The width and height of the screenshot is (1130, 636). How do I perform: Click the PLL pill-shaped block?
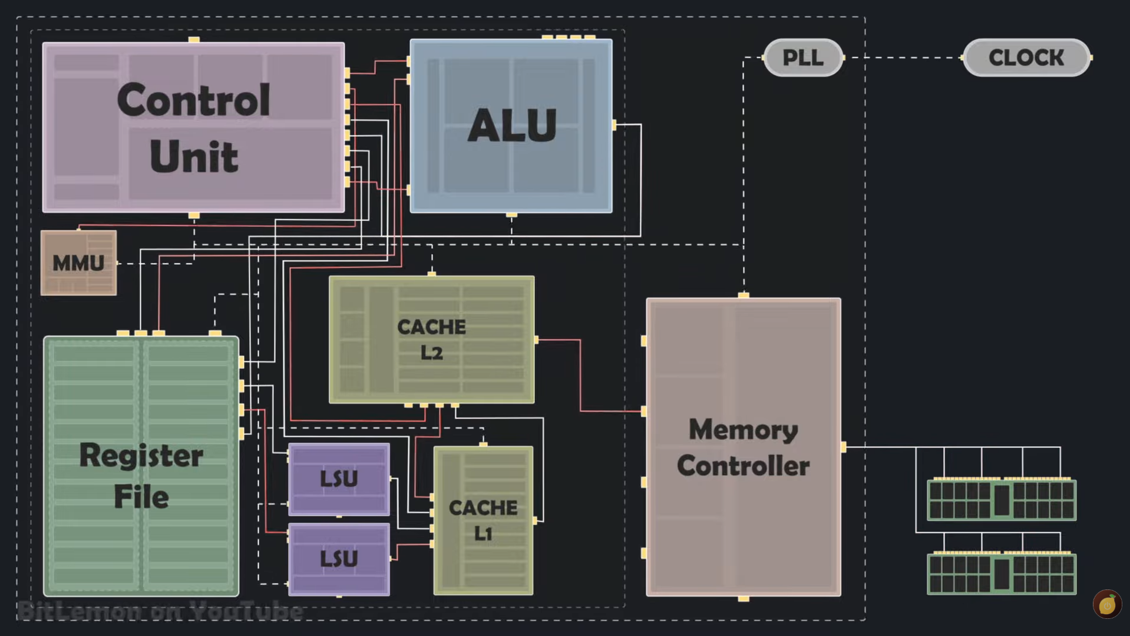(x=803, y=58)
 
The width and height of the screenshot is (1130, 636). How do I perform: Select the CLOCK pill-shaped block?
(x=1026, y=58)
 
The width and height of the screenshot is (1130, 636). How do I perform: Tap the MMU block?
(x=78, y=263)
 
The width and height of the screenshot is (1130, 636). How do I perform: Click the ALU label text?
(x=512, y=125)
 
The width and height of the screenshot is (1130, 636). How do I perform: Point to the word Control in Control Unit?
(x=194, y=100)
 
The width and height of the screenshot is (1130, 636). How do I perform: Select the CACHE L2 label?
(x=431, y=340)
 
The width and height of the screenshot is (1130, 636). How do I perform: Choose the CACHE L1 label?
(x=483, y=520)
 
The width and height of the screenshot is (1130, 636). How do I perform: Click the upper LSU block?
(x=339, y=479)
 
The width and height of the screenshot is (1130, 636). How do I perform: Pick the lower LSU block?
(x=339, y=559)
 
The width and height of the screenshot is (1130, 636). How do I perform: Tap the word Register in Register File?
(x=141, y=456)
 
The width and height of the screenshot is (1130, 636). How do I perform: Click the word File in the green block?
(x=141, y=496)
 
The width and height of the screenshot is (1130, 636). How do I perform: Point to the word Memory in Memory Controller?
(x=744, y=430)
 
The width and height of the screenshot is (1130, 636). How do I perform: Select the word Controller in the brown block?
(x=744, y=466)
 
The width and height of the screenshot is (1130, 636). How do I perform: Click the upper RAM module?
(x=1002, y=499)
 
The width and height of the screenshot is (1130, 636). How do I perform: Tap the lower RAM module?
(x=1002, y=573)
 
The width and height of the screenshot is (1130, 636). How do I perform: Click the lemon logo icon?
(x=1107, y=604)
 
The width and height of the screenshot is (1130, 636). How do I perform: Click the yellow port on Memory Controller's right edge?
(x=844, y=447)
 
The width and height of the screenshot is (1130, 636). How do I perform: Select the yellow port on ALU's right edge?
(x=614, y=125)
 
